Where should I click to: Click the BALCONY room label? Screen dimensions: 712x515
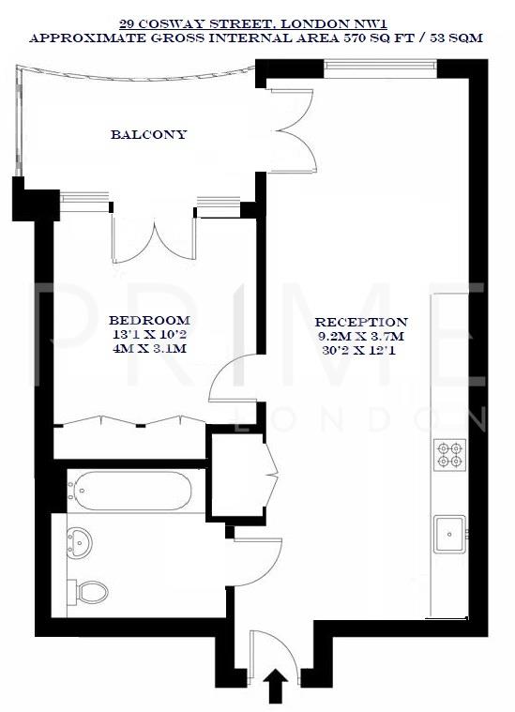148,134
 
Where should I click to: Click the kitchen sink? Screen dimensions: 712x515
449,532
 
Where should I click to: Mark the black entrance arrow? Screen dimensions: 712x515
277,686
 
